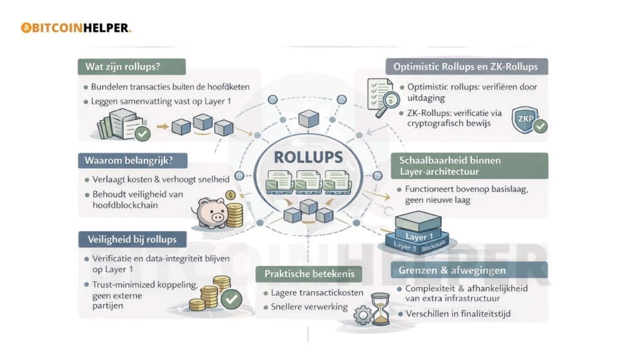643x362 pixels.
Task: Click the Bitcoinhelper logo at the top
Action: point(75,28)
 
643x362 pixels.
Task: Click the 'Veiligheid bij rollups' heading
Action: point(132,239)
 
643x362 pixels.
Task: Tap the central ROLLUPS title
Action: point(308,156)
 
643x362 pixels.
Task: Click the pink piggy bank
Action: point(210,213)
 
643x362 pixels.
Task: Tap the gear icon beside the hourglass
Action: point(363,315)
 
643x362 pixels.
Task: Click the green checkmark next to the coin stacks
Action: point(231,299)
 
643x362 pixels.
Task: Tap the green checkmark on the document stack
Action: point(143,133)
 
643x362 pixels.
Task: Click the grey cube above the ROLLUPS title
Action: point(308,118)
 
